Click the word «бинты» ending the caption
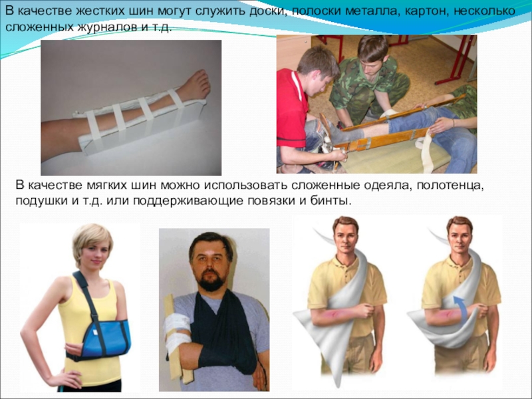tap(329, 201)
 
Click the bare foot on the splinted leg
tap(194, 86)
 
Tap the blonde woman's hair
tap(92, 239)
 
